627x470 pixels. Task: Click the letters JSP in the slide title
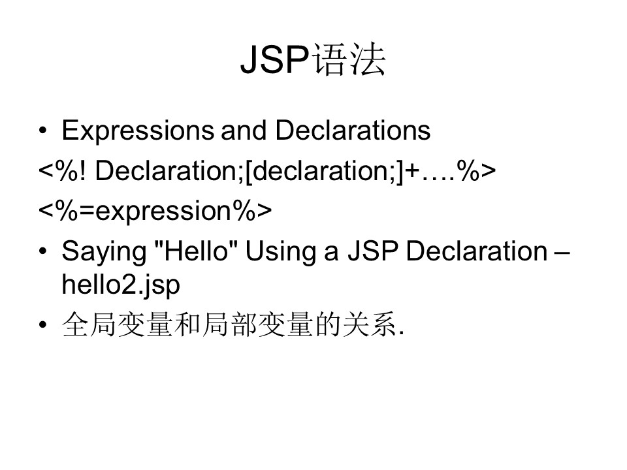click(x=275, y=59)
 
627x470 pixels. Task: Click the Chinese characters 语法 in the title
click(x=348, y=59)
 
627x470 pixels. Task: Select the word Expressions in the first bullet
click(x=138, y=131)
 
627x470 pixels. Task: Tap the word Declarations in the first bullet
click(x=353, y=130)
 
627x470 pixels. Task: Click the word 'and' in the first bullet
click(x=244, y=130)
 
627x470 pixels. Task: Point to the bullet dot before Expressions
click(x=43, y=131)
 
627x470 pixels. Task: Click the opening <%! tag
click(x=62, y=170)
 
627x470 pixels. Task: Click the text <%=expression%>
click(x=155, y=211)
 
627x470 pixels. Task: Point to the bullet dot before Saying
click(x=43, y=251)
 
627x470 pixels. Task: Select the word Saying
click(x=104, y=252)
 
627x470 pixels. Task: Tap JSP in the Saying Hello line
click(x=373, y=251)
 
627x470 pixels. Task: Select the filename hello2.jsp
click(x=121, y=285)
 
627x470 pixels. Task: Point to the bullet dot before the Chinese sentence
click(x=43, y=324)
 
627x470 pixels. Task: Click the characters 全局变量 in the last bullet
click(x=118, y=324)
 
